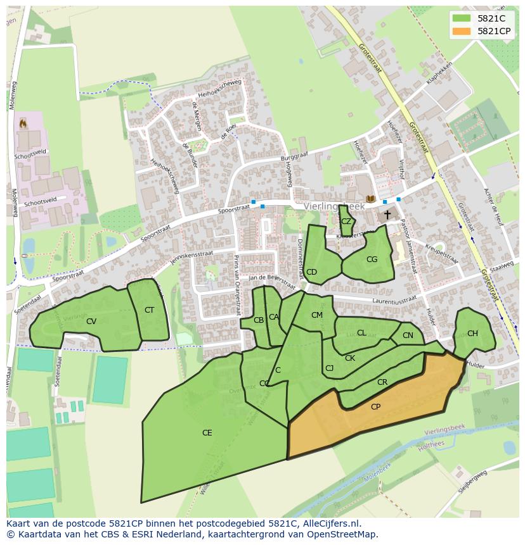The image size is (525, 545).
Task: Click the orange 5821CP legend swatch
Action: [x=462, y=31]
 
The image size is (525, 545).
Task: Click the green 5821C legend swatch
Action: [x=462, y=18]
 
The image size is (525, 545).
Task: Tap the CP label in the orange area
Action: [x=375, y=407]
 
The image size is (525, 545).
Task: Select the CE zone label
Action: [x=207, y=433]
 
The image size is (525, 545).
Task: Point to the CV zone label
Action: [x=91, y=322]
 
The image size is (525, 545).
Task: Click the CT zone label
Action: [x=149, y=310]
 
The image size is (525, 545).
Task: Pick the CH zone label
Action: [x=472, y=334]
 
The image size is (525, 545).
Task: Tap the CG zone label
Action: [x=372, y=260]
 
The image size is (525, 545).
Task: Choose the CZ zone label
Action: [x=346, y=222]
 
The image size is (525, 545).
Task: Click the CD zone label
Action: [x=311, y=272]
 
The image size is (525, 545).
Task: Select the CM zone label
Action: [x=317, y=315]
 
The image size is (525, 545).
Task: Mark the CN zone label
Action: [x=408, y=335]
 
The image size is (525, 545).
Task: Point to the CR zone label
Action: [x=382, y=382]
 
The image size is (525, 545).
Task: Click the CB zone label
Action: [x=258, y=320]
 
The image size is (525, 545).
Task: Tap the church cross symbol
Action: [x=387, y=215]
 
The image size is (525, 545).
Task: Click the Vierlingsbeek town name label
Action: [x=334, y=206]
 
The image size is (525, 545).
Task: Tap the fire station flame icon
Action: [x=23, y=123]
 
